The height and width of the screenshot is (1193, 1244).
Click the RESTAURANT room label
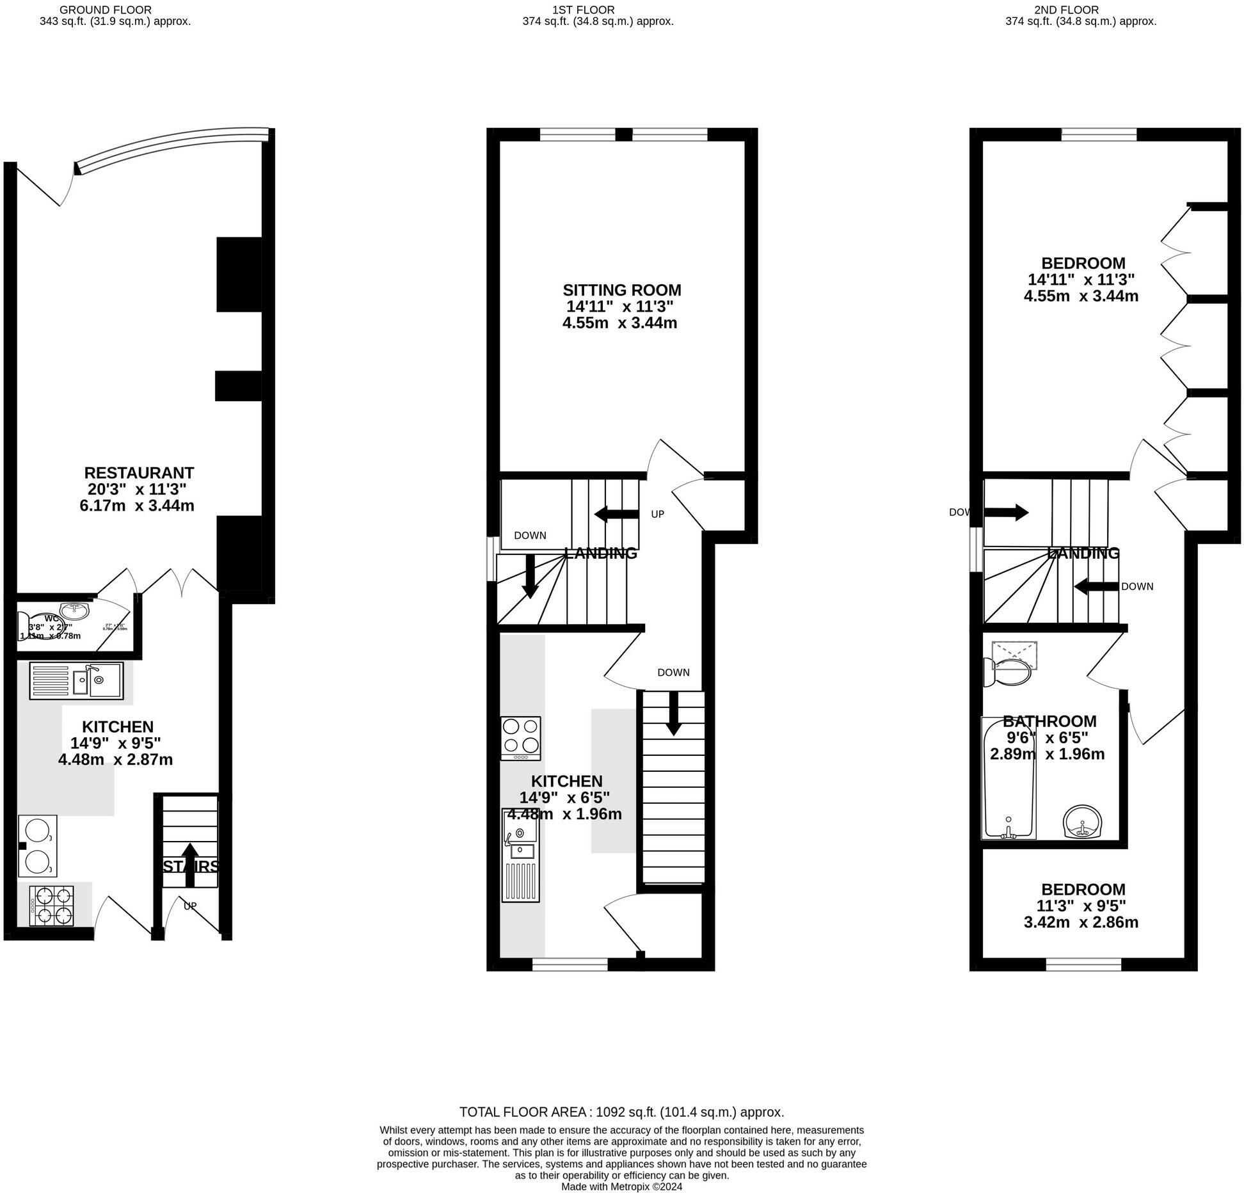pyautogui.click(x=139, y=473)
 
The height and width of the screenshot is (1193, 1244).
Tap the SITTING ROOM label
pyautogui.click(x=621, y=290)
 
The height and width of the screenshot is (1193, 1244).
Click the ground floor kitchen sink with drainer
pyautogui.click(x=76, y=680)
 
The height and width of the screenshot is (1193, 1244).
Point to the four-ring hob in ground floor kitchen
pyautogui.click(x=52, y=906)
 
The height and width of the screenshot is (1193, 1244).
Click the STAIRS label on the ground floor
pyautogui.click(x=190, y=867)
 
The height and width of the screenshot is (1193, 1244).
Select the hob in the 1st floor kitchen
pyautogui.click(x=520, y=737)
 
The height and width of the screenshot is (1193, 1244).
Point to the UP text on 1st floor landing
pyautogui.click(x=657, y=514)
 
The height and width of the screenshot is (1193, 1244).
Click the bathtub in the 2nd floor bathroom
pyautogui.click(x=1009, y=778)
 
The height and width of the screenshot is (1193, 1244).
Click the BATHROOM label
pyautogui.click(x=1049, y=721)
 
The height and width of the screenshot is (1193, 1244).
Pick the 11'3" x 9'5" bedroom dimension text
pyautogui.click(x=1081, y=906)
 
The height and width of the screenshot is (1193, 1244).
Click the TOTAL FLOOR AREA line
pyautogui.click(x=621, y=1112)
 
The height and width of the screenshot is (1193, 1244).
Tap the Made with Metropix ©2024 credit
pyautogui.click(x=621, y=1186)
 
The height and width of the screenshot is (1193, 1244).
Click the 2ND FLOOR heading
pyautogui.click(x=1080, y=10)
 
